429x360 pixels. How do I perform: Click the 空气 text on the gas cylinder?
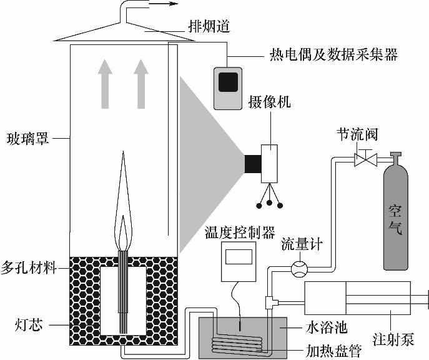[395, 220]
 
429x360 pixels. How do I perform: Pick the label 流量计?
[302, 244]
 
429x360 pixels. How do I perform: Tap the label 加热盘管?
[330, 351]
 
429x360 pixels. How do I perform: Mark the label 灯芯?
[27, 325]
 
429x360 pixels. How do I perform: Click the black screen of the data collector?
[227, 82]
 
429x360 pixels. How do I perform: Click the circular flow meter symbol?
[299, 269]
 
